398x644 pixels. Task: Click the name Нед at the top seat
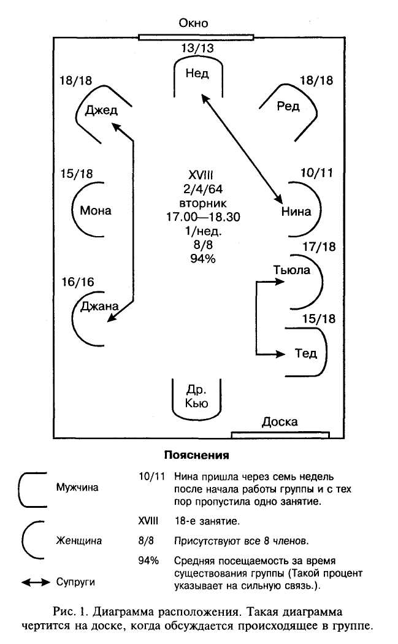pyautogui.click(x=196, y=74)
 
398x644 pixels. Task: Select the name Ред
pyautogui.click(x=288, y=107)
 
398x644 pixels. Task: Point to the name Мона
pyautogui.click(x=96, y=210)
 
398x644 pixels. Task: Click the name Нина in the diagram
pyautogui.click(x=296, y=212)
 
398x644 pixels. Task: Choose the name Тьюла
pyautogui.click(x=292, y=270)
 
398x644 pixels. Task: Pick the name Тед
pyautogui.click(x=305, y=353)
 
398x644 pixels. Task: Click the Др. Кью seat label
pyautogui.click(x=196, y=396)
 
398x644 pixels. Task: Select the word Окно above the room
pyautogui.click(x=193, y=24)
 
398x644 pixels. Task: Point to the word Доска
pyautogui.click(x=280, y=422)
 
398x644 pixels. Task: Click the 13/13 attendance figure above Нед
pyautogui.click(x=197, y=48)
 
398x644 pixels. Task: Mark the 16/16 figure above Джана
pyautogui.click(x=78, y=282)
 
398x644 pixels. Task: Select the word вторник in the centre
pyautogui.click(x=196, y=202)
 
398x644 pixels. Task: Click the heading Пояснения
pyautogui.click(x=196, y=456)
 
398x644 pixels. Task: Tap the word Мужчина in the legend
pyautogui.click(x=77, y=488)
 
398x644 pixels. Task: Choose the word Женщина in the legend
pyautogui.click(x=79, y=541)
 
